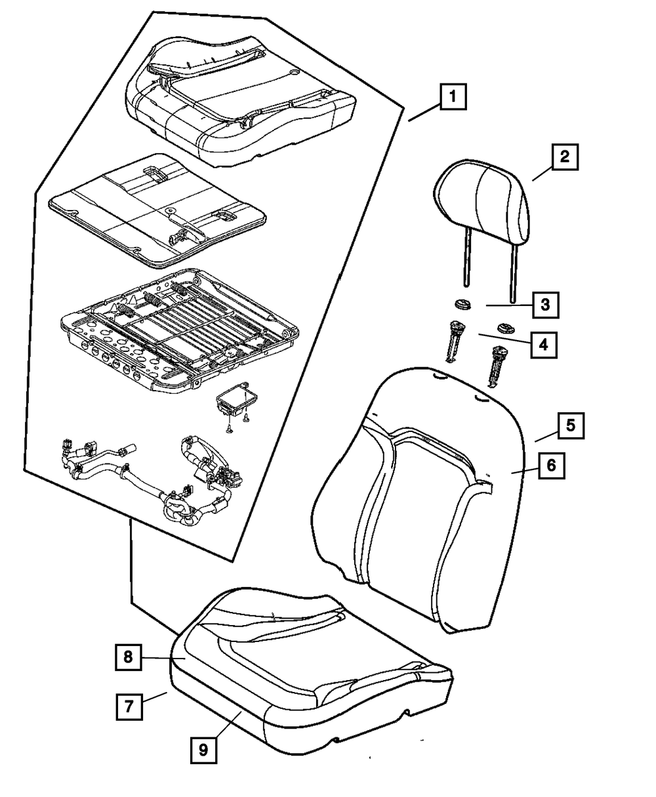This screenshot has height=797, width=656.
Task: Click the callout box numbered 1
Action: point(453,97)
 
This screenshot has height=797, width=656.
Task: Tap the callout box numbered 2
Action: point(564,157)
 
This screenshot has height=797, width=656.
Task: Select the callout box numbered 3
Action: point(545,305)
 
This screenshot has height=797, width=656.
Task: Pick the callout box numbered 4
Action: point(544,345)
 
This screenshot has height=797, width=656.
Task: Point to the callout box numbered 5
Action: point(571,425)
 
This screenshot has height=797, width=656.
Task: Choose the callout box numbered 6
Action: point(552,465)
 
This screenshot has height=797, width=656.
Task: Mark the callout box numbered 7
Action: point(129,707)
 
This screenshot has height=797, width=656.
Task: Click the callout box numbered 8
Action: point(128,657)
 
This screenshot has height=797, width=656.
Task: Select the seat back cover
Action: point(419,500)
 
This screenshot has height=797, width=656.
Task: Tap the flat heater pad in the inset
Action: point(157,209)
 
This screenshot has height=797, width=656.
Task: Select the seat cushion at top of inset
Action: point(241,101)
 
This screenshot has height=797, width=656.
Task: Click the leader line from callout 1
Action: point(424,113)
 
